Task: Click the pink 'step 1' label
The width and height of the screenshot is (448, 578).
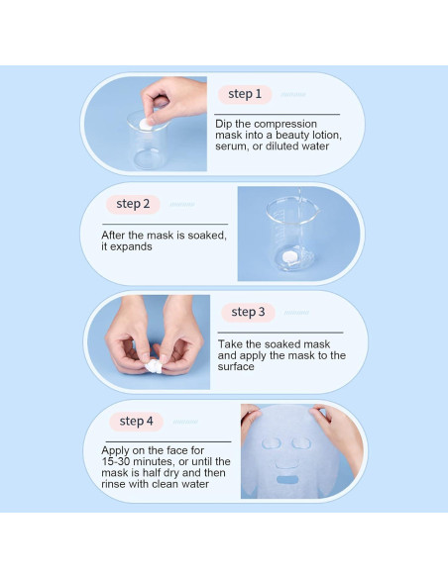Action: [x=245, y=94]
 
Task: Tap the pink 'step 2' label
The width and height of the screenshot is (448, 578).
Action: [x=133, y=204]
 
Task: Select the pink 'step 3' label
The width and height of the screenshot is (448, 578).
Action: [x=248, y=312]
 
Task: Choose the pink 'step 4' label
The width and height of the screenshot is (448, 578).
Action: [x=136, y=422]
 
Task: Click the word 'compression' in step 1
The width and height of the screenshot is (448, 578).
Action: [x=285, y=124]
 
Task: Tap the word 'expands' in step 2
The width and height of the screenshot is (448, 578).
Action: [x=131, y=247]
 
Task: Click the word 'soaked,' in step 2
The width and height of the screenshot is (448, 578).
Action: [x=207, y=236]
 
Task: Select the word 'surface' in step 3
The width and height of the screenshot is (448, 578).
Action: [x=236, y=367]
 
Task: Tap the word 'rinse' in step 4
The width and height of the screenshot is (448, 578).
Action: [x=113, y=484]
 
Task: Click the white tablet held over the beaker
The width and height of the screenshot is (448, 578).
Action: [x=146, y=124]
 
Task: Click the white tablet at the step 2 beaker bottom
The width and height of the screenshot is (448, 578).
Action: [x=289, y=256]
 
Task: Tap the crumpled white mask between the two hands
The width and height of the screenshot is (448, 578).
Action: [x=155, y=367]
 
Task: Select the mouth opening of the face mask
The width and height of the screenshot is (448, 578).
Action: [x=287, y=480]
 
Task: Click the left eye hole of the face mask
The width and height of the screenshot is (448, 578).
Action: [x=272, y=443]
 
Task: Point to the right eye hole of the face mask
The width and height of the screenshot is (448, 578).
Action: [x=301, y=443]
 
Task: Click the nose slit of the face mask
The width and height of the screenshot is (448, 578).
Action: [x=286, y=465]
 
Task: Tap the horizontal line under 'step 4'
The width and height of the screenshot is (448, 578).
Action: [x=168, y=441]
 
